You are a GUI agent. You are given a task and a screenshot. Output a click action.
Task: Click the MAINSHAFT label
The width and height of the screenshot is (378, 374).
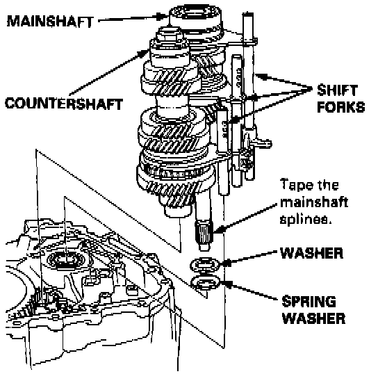tap(50, 22)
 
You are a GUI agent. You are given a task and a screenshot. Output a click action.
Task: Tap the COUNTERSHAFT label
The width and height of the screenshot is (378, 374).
tap(64, 104)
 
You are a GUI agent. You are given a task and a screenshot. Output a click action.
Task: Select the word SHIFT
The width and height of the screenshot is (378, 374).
tap(337, 90)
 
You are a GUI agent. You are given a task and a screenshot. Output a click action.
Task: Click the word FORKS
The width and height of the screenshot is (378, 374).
tap(341, 107)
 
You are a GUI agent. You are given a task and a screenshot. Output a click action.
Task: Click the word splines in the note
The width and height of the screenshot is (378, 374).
tap(306, 219)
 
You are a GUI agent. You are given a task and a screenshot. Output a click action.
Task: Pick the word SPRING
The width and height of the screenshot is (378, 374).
tap(309, 301)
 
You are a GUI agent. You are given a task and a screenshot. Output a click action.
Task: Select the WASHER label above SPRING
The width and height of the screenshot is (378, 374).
tap(311, 253)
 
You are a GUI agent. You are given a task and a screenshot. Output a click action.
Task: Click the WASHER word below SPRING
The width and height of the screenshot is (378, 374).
tap(313, 318)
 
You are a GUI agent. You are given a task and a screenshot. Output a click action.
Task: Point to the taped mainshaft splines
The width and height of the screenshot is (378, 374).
tap(204, 231)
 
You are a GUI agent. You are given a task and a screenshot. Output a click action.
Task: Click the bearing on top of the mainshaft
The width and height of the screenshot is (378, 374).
tap(195, 15)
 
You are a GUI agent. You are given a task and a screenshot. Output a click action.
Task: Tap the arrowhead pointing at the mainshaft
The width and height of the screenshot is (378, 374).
tap(162, 17)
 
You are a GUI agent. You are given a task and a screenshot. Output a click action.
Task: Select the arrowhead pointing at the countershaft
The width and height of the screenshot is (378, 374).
tap(144, 54)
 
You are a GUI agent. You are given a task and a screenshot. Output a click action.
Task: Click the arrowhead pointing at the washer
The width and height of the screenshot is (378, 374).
tap(226, 262)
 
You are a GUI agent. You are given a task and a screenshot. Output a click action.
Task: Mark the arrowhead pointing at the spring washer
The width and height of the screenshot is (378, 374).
tap(227, 284)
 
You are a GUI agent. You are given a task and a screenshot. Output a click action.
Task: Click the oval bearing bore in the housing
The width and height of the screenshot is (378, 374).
tap(65, 260)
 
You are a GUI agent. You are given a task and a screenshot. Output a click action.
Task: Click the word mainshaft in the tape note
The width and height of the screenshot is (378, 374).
tap(314, 202)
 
